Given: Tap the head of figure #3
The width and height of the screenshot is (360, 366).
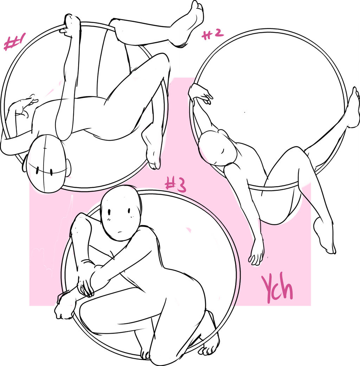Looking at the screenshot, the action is pos(121,213).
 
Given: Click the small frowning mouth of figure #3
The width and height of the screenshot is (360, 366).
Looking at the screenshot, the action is pos(119,232).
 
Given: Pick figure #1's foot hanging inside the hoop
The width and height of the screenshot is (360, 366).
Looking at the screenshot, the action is pos(152,149).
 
